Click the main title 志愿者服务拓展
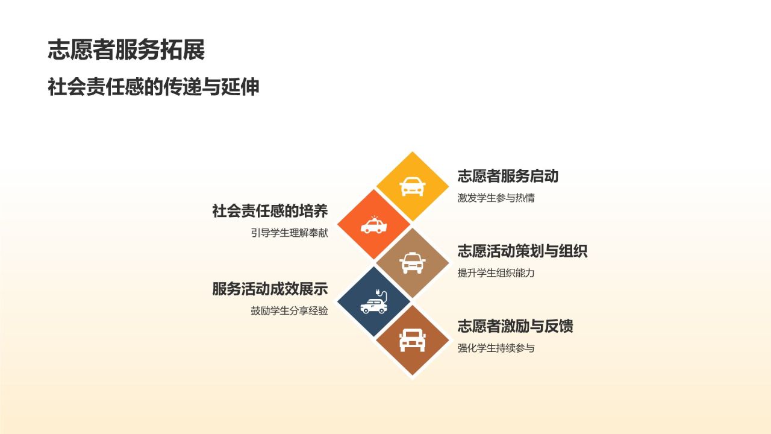(126, 50)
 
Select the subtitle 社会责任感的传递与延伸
(154, 87)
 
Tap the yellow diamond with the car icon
(412, 187)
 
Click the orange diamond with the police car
(374, 225)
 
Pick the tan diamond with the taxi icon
(412, 263)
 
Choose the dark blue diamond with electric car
(374, 301)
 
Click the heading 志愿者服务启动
(508, 176)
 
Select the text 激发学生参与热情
(496, 198)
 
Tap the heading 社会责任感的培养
(270, 211)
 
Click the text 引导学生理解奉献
(289, 233)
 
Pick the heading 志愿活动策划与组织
(522, 251)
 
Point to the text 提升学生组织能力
(496, 272)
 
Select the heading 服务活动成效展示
(270, 289)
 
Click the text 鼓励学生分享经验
(289, 311)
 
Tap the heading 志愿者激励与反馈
(515, 326)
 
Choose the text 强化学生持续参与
(496, 348)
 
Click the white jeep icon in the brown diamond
(412, 340)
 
